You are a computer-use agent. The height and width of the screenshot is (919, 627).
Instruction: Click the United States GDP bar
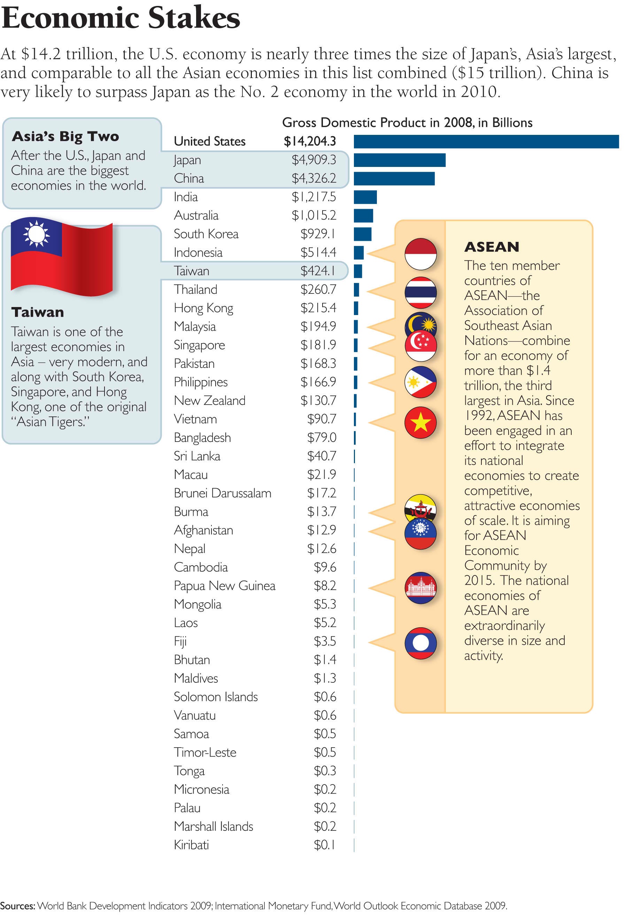(x=486, y=141)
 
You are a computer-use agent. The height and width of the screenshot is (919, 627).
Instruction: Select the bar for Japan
(x=399, y=160)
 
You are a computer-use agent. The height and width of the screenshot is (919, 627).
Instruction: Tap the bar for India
(x=365, y=197)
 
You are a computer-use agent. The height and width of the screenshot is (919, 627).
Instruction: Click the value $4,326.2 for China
(x=314, y=178)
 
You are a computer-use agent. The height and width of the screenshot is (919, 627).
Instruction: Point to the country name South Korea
(x=206, y=234)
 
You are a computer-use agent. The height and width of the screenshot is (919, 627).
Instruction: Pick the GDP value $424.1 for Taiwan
(x=318, y=271)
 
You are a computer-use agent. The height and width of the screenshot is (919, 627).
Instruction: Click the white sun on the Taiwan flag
(x=36, y=234)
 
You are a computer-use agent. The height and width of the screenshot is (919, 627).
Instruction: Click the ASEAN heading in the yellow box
(x=491, y=247)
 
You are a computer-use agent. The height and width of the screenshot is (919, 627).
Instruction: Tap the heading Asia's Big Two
(x=65, y=136)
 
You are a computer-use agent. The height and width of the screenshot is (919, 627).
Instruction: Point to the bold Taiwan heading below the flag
(x=38, y=312)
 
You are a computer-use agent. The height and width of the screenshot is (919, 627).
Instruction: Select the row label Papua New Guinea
(x=224, y=585)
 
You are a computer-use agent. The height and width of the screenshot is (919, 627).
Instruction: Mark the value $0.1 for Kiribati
(x=325, y=845)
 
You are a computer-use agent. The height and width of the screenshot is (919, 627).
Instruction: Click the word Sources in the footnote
(x=17, y=905)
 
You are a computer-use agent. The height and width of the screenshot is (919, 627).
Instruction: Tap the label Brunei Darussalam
(x=222, y=493)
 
